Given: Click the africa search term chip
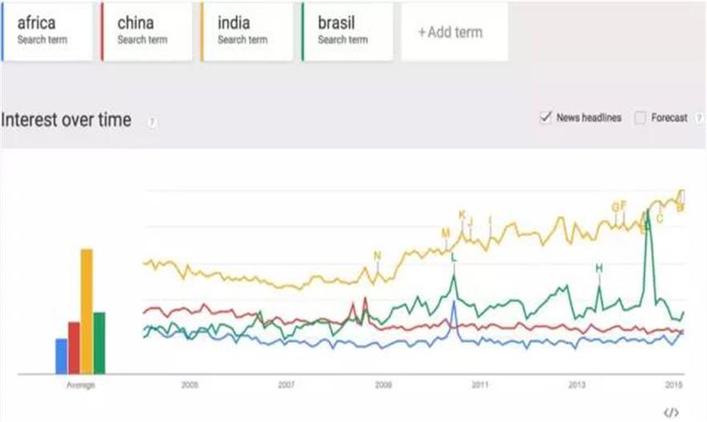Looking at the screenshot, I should (x=48, y=30).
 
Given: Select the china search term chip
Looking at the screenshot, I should (x=147, y=30).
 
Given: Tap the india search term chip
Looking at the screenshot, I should (x=247, y=30).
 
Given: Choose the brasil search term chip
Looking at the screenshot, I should (x=347, y=30).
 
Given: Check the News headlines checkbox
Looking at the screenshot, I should (x=546, y=118).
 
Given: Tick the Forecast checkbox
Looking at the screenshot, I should (x=640, y=118).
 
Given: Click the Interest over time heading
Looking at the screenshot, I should (x=66, y=120).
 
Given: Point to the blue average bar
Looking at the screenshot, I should (x=61, y=355).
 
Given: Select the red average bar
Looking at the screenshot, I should (x=74, y=347).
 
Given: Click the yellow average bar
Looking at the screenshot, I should (x=87, y=310).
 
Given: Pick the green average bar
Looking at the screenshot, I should (x=99, y=342).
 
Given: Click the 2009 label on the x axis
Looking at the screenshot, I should (x=383, y=385).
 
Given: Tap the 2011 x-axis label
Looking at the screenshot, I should (x=479, y=385).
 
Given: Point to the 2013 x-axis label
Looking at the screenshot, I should (x=576, y=385).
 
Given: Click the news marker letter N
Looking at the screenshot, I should (x=378, y=256).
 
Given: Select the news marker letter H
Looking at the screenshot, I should (x=599, y=268).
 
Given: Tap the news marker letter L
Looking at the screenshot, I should (x=454, y=258).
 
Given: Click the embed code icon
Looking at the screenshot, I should (x=672, y=412).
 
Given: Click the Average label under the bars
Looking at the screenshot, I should (x=80, y=385).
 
